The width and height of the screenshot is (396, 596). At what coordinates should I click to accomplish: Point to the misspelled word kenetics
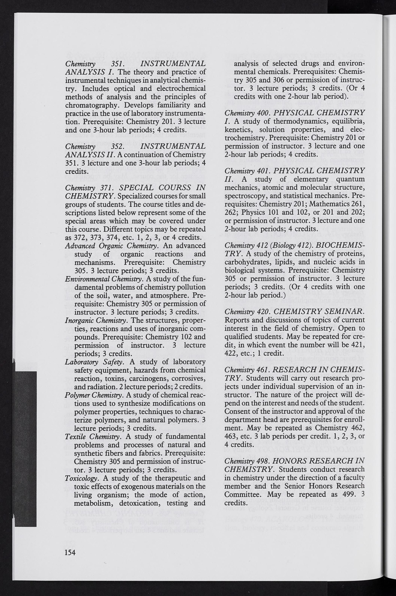click(237, 130)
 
